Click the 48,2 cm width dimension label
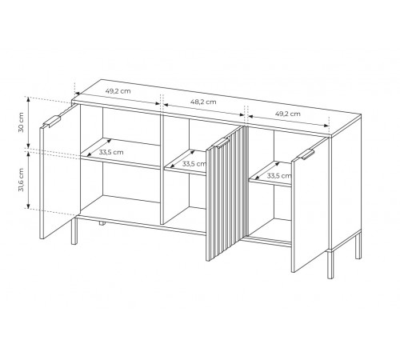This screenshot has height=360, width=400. click(x=203, y=102)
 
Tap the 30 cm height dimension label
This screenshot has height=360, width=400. click(x=21, y=122)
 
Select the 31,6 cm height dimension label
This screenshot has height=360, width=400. click(x=21, y=179)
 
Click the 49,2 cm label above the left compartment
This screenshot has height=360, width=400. click(x=118, y=91)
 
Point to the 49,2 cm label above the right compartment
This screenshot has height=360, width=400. click(x=288, y=114)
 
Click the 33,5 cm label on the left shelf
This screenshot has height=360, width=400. click(x=111, y=152)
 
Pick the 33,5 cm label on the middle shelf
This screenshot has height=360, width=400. click(x=194, y=164)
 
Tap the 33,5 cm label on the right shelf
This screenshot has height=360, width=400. click(x=279, y=176)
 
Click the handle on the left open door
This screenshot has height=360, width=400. click(x=52, y=121)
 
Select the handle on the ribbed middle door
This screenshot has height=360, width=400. click(x=221, y=142)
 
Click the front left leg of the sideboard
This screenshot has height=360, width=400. click(x=74, y=230)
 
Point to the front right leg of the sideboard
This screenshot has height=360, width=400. click(x=330, y=264)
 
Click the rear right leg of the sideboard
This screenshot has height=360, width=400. click(x=358, y=246)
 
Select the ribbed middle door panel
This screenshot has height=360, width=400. click(x=226, y=194)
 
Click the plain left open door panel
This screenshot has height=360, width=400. click(x=60, y=171)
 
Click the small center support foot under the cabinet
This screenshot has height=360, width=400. click(x=101, y=223)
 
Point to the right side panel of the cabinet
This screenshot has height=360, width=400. click(x=346, y=182)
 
